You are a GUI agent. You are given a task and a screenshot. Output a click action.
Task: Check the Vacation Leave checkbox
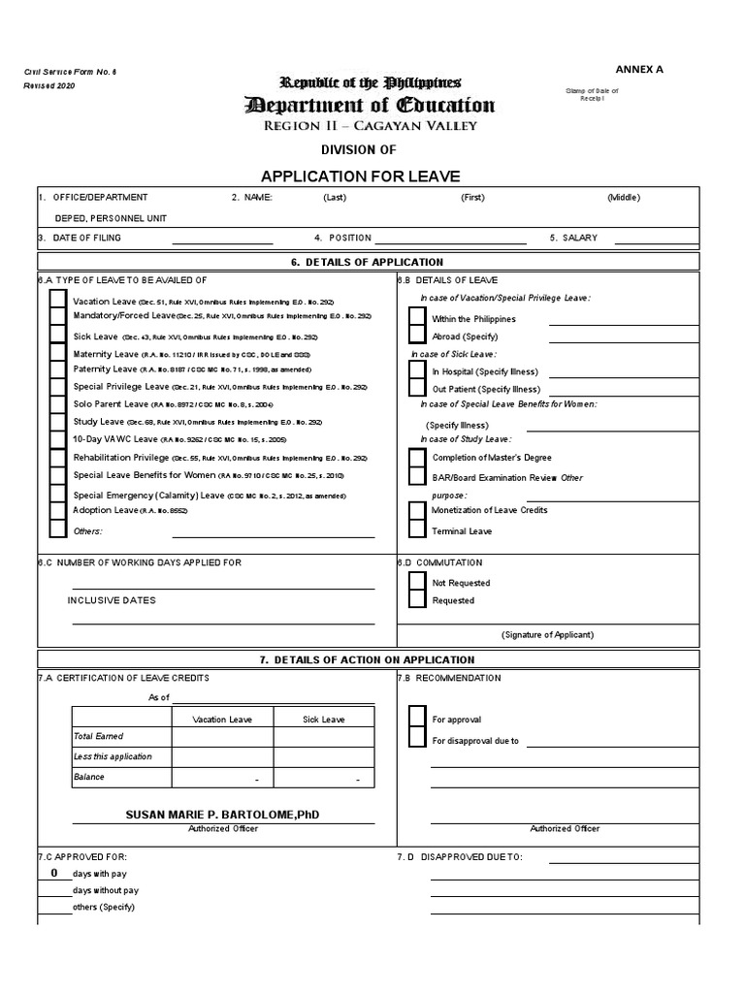click(57, 302)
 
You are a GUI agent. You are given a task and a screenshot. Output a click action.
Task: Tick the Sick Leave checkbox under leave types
click(57, 336)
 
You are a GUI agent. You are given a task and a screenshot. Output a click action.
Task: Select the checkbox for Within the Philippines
click(417, 317)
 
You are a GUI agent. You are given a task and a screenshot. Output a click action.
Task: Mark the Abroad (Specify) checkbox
click(417, 335)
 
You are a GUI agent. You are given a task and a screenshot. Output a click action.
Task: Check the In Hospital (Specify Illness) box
click(417, 370)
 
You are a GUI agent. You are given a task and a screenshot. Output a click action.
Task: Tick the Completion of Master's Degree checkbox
click(417, 458)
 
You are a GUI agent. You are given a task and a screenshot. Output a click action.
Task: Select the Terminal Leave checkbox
click(417, 530)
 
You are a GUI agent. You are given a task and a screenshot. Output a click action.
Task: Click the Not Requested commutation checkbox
click(417, 582)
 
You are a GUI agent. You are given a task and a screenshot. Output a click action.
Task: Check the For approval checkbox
click(417, 719)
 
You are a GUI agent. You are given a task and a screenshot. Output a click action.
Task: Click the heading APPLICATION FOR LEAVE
click(360, 176)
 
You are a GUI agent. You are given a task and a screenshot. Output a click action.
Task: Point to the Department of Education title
click(369, 106)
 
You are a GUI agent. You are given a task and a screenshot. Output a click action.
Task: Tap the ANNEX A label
click(639, 70)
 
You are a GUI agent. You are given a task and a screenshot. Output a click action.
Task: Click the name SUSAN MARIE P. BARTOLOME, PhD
click(222, 816)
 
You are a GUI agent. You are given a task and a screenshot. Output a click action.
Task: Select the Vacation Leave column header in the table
click(222, 720)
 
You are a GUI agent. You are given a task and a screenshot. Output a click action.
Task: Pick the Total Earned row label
click(92, 737)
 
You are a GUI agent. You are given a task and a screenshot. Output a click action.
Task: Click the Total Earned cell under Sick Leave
click(323, 737)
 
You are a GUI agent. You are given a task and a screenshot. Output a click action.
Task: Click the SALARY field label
click(579, 238)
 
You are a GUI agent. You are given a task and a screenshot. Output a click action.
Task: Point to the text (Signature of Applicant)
click(547, 635)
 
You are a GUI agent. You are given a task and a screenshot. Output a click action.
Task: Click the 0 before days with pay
click(54, 874)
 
